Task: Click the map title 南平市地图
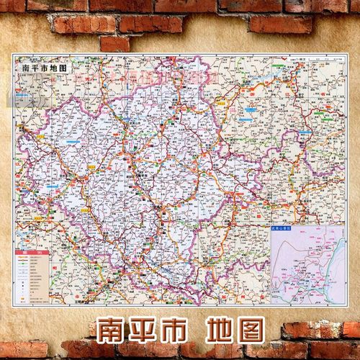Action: tap(40, 67)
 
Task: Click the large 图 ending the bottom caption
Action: tap(258, 328)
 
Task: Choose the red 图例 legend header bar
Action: tap(29, 253)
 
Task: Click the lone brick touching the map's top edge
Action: tap(115, 43)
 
